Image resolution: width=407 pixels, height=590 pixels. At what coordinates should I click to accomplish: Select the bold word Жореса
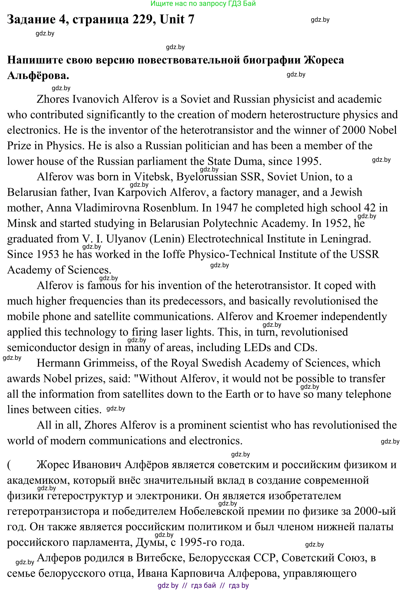click(x=324, y=60)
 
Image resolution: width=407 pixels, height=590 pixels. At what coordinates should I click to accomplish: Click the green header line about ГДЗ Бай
click(x=203, y=4)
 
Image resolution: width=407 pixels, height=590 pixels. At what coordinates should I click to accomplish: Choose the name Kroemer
click(x=297, y=317)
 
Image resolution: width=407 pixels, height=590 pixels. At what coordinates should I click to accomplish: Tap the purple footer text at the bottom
click(x=203, y=585)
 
